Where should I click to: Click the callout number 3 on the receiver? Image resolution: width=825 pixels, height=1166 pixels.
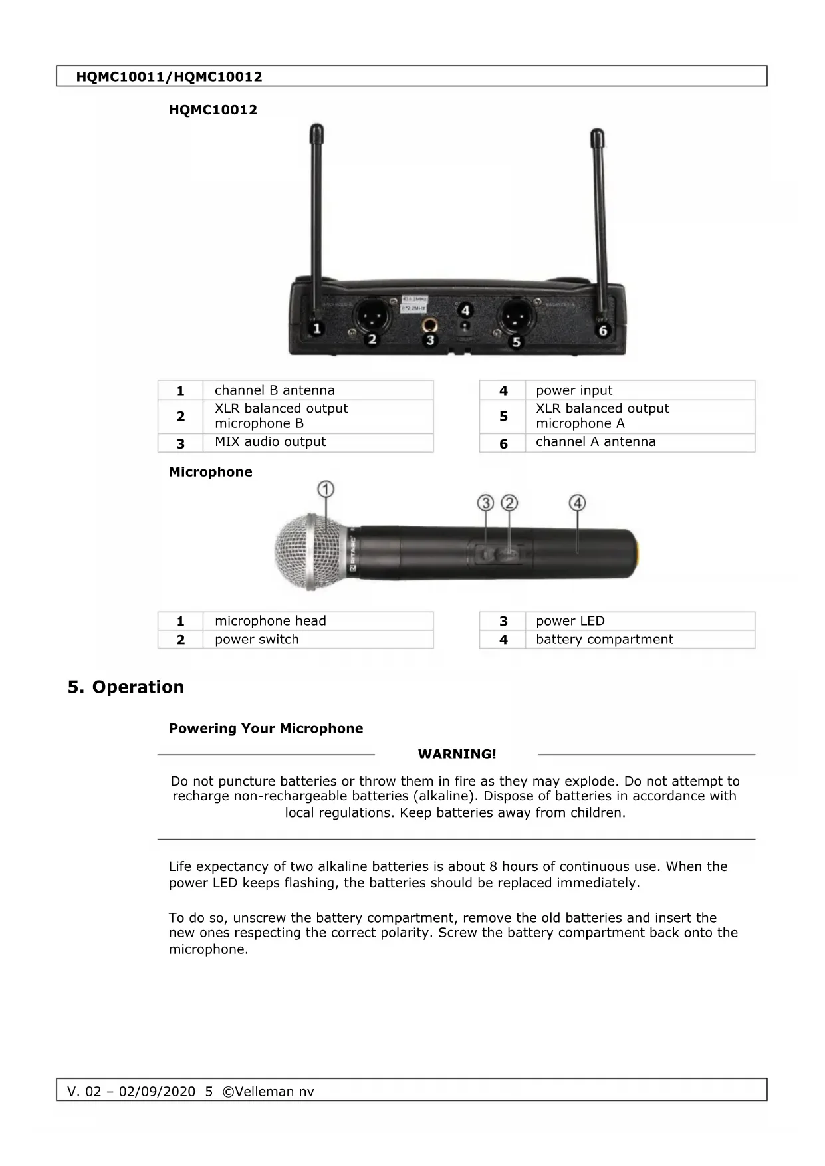click(430, 340)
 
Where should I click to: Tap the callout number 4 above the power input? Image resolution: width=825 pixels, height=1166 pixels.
click(465, 310)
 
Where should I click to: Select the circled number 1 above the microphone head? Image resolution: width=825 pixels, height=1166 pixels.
click(326, 490)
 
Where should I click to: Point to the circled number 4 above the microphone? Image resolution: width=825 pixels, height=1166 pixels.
click(577, 503)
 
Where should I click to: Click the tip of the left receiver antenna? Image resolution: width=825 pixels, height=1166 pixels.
click(317, 128)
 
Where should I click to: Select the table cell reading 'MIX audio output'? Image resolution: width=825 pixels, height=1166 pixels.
click(270, 442)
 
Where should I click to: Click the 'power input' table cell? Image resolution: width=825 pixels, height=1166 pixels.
click(574, 390)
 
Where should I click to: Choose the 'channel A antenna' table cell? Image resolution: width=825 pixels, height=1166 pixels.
click(595, 442)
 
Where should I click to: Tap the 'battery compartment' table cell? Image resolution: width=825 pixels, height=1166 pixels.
click(604, 640)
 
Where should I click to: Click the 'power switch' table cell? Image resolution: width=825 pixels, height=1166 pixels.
click(257, 640)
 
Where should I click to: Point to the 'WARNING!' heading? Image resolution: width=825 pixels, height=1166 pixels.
click(457, 755)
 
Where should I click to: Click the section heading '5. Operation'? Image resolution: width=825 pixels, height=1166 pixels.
click(126, 687)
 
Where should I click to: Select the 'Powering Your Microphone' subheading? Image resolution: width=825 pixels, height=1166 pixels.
click(266, 729)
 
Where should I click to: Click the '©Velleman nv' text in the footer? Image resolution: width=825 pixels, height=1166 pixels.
click(268, 1092)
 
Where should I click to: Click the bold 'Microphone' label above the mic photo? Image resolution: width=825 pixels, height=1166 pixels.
click(210, 472)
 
